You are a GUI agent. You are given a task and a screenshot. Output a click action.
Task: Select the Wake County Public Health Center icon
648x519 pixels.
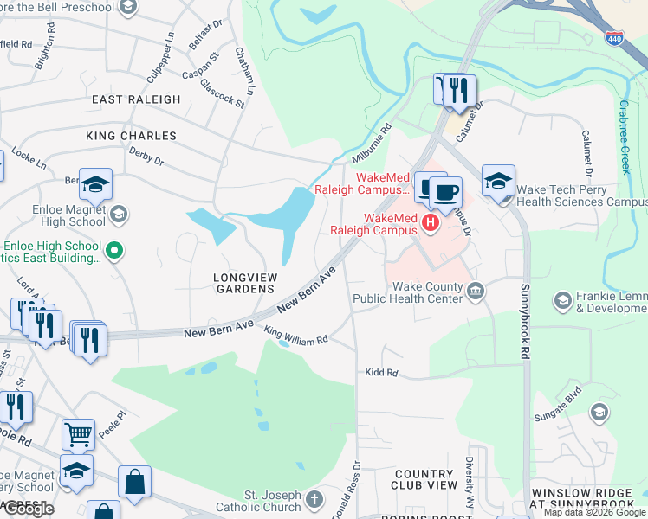[x=476, y=291]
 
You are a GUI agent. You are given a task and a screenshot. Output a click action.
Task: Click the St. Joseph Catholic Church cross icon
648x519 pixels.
[x=314, y=500]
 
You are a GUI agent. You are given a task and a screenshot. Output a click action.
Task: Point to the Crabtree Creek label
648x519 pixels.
[x=625, y=137]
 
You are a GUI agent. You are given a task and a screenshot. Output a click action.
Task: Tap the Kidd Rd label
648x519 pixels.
[x=381, y=373]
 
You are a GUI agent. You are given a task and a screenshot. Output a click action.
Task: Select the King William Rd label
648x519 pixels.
[x=296, y=336]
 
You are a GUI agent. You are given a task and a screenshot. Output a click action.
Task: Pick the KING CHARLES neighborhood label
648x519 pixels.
[x=131, y=136]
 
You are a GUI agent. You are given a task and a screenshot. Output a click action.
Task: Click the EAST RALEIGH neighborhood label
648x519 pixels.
[x=137, y=99]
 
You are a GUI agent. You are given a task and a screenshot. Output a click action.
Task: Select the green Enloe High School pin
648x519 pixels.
[x=113, y=252]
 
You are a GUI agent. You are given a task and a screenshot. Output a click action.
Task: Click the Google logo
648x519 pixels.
[x=28, y=509]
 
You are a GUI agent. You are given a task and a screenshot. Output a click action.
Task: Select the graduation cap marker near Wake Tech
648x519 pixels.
[x=498, y=181]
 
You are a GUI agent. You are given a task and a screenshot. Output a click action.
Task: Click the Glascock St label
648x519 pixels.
[x=223, y=92]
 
